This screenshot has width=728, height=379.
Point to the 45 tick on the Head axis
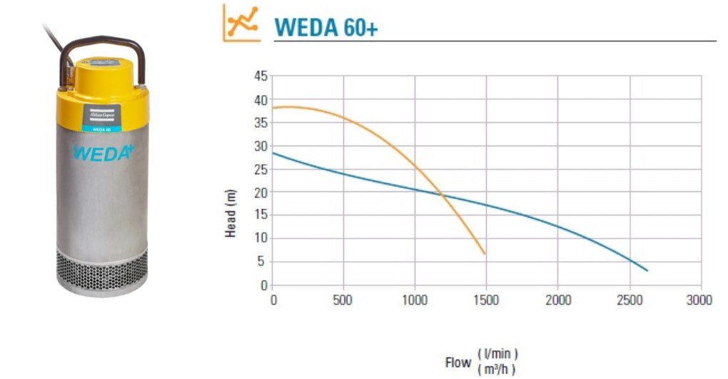point(260,76)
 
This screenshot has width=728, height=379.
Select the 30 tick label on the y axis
point(260,146)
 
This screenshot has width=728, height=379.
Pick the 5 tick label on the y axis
point(263,262)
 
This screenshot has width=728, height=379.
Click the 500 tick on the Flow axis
point(344,300)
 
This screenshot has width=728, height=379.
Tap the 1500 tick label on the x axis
point(487,300)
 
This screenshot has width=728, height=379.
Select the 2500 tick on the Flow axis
point(630,300)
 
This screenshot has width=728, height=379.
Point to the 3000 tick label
point(700,300)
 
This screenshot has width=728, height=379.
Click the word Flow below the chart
point(458,363)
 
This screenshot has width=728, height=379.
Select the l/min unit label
point(497,354)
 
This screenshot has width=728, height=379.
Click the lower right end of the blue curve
point(647,270)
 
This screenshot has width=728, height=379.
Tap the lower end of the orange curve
point(485,253)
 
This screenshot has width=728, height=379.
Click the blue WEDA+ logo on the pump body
point(103,153)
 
